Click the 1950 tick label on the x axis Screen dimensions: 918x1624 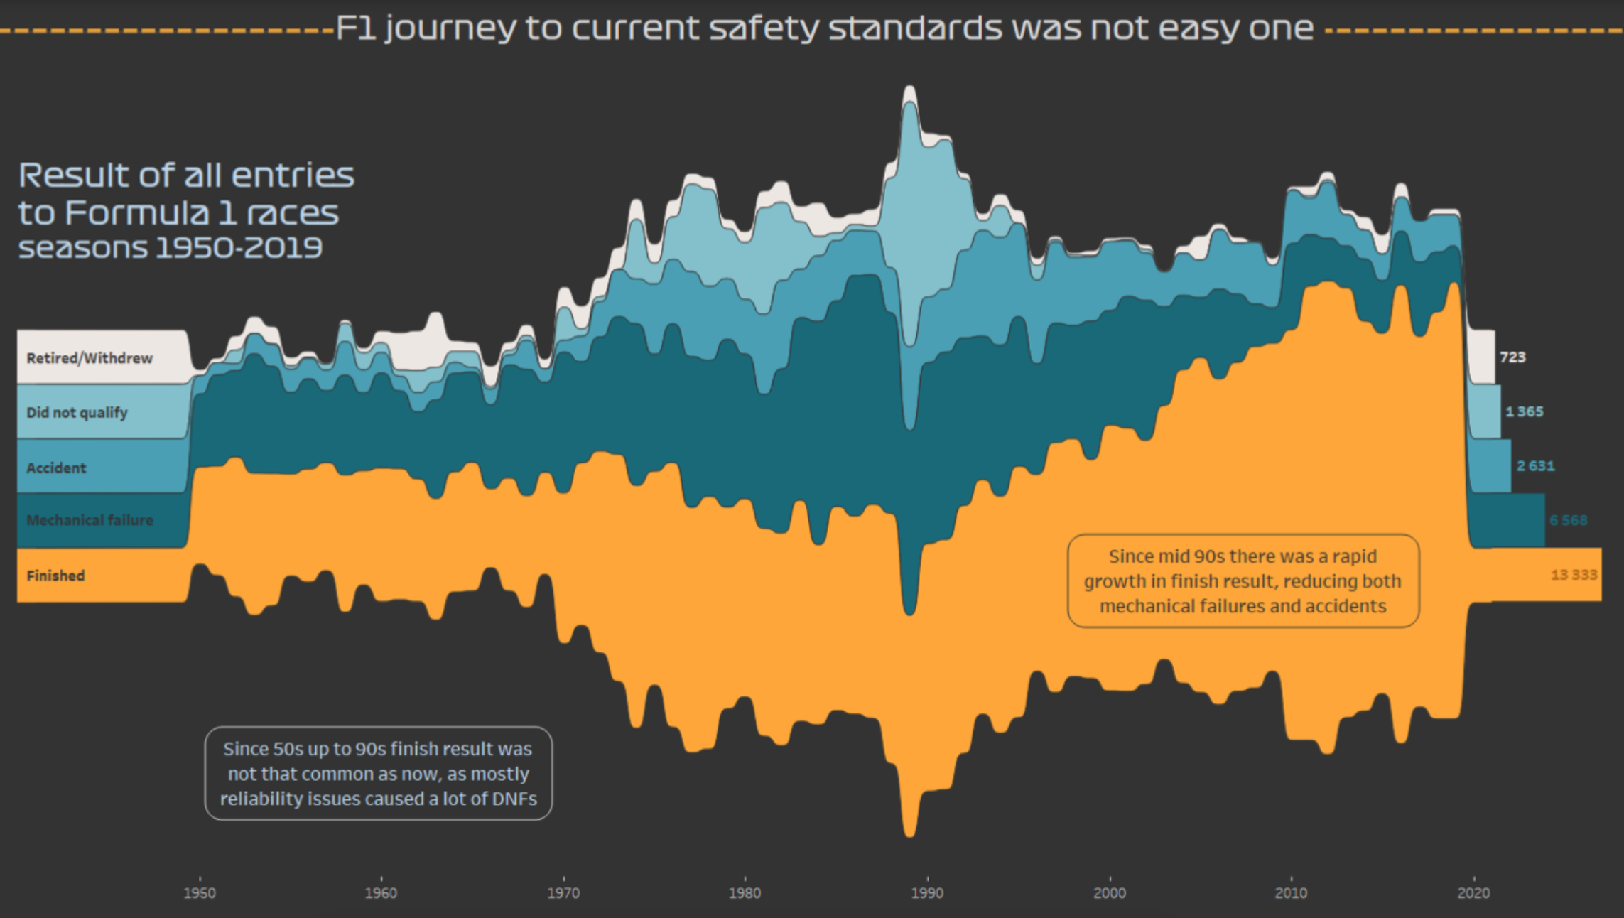(200, 893)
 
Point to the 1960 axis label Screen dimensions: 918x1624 (381, 893)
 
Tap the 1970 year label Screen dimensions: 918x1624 (563, 893)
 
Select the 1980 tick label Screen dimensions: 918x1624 (745, 893)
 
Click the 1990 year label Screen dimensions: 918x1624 (927, 893)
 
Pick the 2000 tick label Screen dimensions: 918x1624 (1109, 893)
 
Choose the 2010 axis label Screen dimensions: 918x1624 (1291, 893)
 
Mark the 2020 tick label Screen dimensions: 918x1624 (1473, 893)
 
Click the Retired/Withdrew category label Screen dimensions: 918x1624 (90, 358)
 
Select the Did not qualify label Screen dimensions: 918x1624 (77, 413)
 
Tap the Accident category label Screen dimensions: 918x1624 (56, 468)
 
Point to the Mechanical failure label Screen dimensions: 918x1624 (90, 520)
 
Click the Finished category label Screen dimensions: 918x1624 (55, 576)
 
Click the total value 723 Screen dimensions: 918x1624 (1512, 357)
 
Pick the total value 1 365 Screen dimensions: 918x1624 (1524, 411)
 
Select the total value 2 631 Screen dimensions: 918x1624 (1535, 466)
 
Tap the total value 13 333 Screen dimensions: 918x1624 (1574, 574)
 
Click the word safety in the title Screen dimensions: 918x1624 (764, 28)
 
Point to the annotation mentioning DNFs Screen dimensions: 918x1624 (378, 774)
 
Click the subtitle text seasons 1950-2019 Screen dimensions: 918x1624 (170, 248)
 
